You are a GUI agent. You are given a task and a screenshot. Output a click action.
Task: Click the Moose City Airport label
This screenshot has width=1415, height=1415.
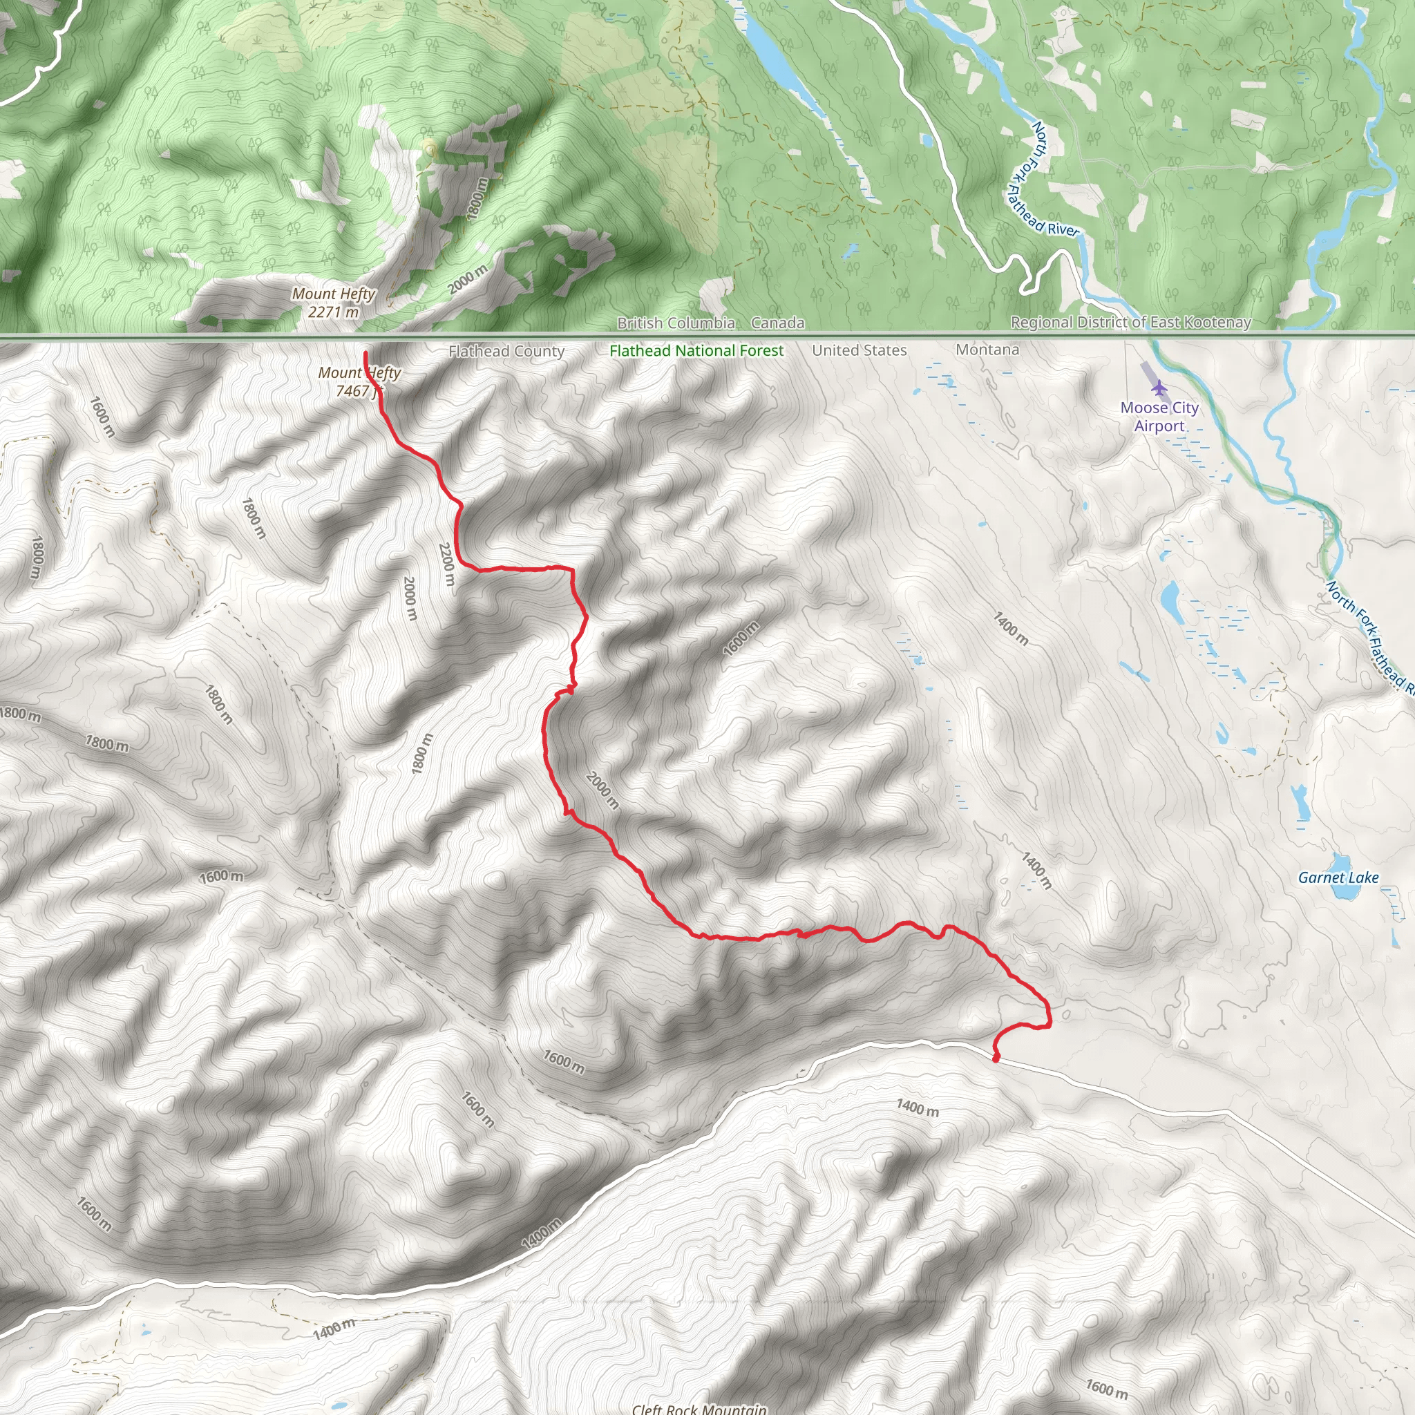1159,417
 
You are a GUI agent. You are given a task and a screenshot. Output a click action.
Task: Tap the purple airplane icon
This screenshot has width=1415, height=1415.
1159,387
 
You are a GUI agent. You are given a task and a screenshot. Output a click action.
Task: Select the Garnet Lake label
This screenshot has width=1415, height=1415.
1338,877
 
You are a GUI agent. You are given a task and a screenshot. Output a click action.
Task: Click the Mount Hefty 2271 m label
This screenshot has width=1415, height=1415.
333,303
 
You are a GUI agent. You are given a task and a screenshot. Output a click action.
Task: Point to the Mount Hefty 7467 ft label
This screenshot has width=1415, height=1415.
359,381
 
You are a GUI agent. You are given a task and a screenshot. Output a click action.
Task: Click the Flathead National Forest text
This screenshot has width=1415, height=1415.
696,351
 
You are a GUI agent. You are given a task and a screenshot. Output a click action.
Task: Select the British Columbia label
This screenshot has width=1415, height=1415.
676,323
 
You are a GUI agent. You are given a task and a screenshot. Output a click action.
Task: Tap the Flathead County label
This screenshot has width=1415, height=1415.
506,352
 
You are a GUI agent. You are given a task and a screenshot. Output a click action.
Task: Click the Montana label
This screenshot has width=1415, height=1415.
987,350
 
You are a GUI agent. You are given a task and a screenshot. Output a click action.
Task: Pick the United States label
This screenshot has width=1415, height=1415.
859,351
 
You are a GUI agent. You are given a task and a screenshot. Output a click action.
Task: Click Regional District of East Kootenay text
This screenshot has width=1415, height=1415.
1131,322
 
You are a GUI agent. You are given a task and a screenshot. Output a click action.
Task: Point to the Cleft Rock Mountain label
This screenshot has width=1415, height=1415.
699,1407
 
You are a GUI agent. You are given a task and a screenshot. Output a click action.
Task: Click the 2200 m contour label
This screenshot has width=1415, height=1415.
447,564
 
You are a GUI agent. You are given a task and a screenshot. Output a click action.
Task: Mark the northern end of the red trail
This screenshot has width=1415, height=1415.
365,354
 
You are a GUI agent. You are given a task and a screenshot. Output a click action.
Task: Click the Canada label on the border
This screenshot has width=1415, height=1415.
778,323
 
